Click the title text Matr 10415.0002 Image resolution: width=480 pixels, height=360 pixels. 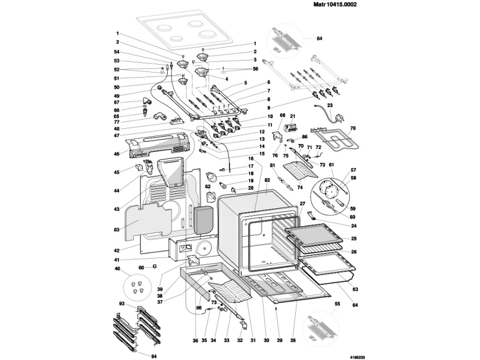[x=335, y=5]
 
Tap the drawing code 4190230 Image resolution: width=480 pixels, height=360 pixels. [x=358, y=357]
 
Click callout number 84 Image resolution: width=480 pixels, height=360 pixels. [x=319, y=39]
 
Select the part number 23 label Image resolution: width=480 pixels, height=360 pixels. [x=330, y=105]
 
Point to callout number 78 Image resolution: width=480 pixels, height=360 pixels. [x=353, y=128]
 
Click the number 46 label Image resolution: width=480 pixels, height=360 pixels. [x=117, y=154]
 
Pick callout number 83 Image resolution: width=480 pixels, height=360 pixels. [x=117, y=230]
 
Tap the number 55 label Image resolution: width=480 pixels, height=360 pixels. [x=337, y=304]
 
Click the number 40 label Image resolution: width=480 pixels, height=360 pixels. [x=117, y=269]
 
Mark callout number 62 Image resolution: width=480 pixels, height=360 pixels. [x=208, y=186]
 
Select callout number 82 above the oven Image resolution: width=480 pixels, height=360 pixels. [x=267, y=181]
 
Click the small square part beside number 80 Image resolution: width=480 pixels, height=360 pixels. [x=154, y=266]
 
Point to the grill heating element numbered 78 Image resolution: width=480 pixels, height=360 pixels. [x=334, y=140]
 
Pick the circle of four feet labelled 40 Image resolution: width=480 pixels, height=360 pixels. [x=137, y=286]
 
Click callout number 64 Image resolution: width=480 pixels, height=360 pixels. [x=355, y=305]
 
